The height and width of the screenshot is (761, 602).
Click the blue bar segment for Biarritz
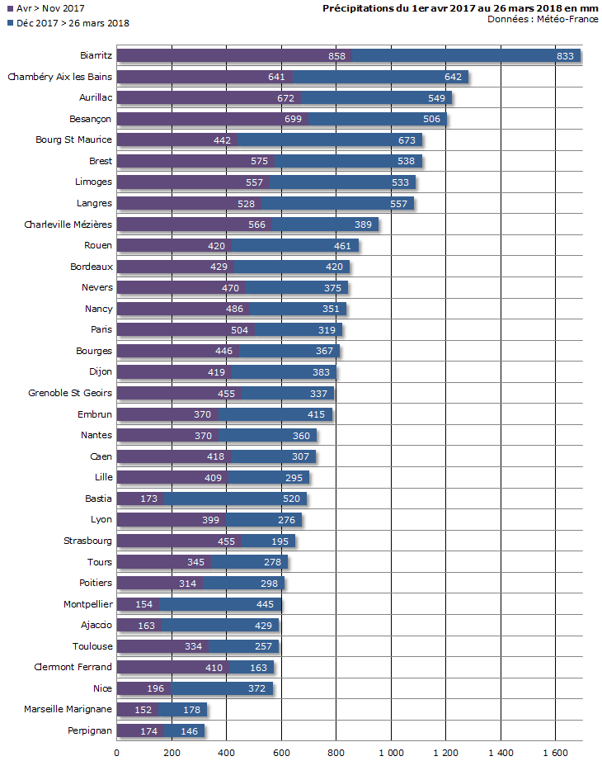(466, 56)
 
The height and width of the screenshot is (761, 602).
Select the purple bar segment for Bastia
(140, 499)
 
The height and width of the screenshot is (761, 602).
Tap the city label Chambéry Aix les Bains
(59, 77)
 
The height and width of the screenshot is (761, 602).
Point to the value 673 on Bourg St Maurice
(407, 140)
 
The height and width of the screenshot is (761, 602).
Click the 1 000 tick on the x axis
(391, 753)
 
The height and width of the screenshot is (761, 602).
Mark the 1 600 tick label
(555, 753)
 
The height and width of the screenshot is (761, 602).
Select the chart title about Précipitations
(462, 7)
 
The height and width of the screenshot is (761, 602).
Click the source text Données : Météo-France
(543, 19)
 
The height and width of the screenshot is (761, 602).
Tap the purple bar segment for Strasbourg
(179, 541)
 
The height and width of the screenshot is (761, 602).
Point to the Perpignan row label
(89, 730)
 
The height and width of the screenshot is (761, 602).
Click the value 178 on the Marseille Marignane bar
(190, 710)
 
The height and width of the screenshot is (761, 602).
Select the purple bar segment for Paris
(186, 330)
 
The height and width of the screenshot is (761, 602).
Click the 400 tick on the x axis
(227, 753)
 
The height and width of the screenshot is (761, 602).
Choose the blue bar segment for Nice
(221, 688)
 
